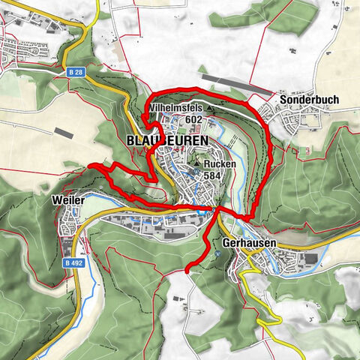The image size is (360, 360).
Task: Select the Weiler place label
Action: (x=68, y=201)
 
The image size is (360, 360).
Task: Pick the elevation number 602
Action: (x=193, y=119)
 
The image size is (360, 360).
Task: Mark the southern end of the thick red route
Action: (x=185, y=271)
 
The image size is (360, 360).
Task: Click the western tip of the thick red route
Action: (x=89, y=164)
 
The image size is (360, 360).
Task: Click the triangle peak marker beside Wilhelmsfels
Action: (x=210, y=109)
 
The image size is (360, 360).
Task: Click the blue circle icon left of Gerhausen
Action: (x=217, y=253)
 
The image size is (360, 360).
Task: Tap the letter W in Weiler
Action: (x=56, y=201)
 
